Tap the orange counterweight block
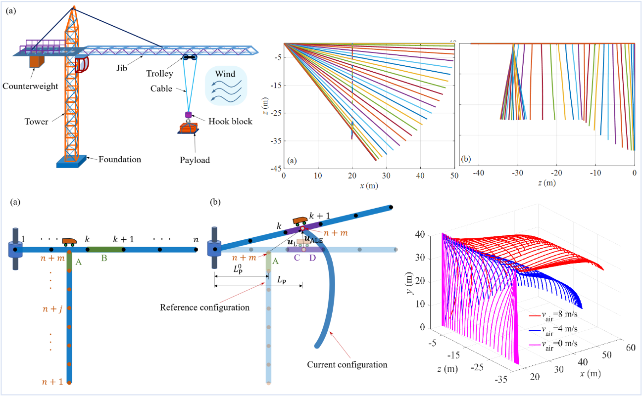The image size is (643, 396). point(36,61)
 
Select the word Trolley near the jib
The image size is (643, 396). point(159,74)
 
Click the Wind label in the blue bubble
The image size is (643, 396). point(225,74)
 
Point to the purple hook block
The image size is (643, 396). point(188,115)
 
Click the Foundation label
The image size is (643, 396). point(120,159)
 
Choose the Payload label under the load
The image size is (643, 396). point(195,160)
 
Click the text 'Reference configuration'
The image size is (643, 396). point(204,307)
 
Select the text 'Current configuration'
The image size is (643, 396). point(346,365)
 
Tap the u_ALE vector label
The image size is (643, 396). point(313,238)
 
